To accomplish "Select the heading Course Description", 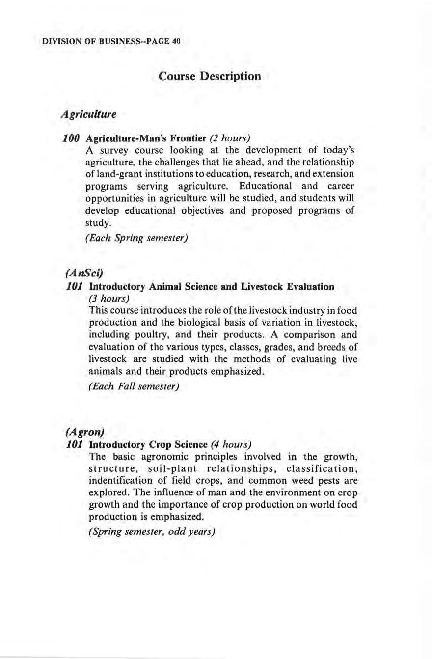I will [210, 77].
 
